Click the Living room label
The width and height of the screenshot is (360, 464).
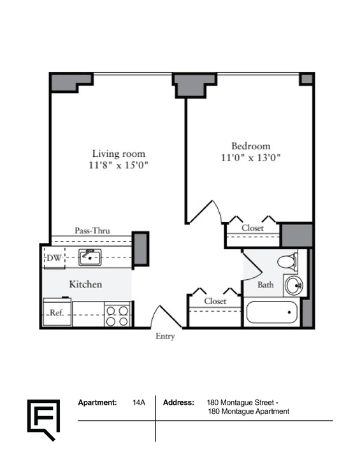point(119,154)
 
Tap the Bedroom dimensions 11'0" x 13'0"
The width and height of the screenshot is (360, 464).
point(250,157)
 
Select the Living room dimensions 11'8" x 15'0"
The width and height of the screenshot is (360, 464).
point(119,165)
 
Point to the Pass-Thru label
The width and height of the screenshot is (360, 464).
point(92,231)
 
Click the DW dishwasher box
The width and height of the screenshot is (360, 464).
point(54,257)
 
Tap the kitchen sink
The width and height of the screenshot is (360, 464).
point(90,257)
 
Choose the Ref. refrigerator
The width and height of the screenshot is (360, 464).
point(57,312)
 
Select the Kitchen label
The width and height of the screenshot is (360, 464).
point(85,284)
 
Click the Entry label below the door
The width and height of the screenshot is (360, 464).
point(165,336)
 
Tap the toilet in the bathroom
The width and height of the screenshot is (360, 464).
point(287,261)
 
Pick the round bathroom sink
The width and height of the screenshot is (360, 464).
point(294,286)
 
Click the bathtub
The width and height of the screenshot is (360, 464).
point(271,312)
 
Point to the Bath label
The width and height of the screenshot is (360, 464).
point(265,285)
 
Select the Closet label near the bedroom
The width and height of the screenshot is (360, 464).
point(252,228)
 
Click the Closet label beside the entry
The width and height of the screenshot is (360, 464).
point(215,301)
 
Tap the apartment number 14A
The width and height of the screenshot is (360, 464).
point(139,402)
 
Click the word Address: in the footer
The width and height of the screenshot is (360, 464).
point(178,402)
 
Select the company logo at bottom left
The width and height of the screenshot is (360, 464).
point(43,420)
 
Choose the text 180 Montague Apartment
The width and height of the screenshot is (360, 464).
point(248,411)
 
